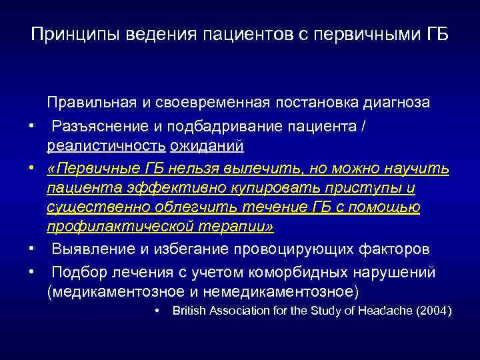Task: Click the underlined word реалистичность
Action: tap(105, 145)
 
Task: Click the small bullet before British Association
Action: tap(155, 311)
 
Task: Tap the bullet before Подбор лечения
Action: tap(31, 272)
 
